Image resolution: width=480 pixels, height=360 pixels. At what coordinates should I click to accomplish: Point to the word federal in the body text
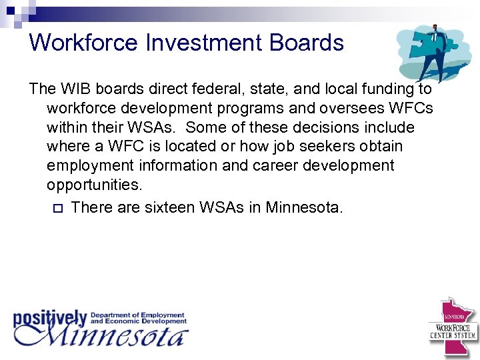tap(200, 89)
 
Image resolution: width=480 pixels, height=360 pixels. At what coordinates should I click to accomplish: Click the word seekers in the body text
tap(322, 146)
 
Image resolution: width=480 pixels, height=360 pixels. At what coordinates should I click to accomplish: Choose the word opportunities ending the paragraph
tap(94, 184)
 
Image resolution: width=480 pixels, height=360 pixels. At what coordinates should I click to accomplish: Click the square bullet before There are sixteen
tap(56, 208)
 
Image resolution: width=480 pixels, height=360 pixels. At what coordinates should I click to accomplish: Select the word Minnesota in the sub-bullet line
tap(304, 207)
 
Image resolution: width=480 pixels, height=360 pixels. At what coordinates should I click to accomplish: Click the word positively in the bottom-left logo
tap(50, 317)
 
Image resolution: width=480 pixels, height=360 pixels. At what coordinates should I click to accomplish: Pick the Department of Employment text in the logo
tap(137, 315)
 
